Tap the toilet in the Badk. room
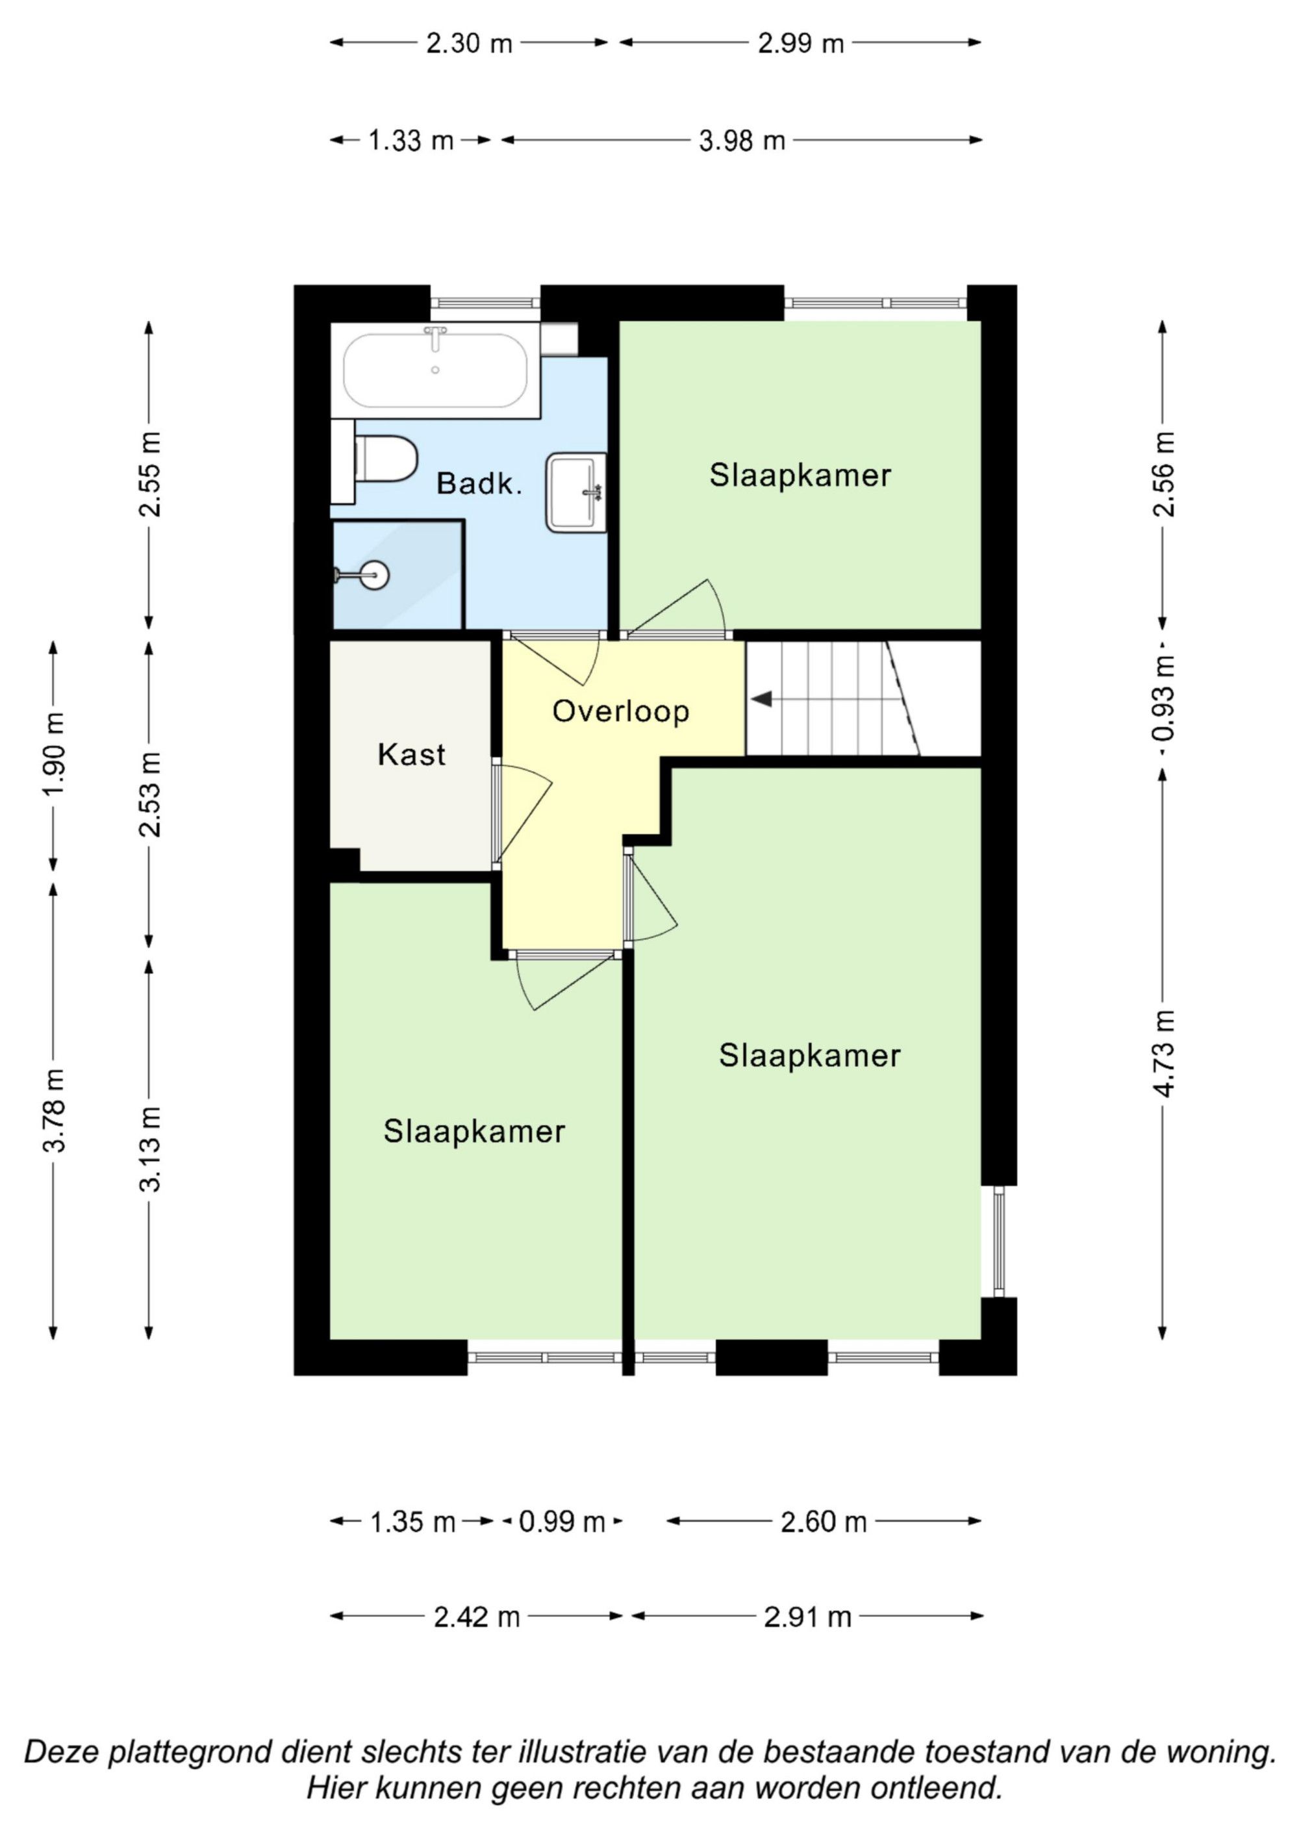point(386,459)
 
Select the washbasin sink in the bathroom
point(576,493)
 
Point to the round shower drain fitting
point(373,574)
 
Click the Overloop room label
point(621,711)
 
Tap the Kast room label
point(411,754)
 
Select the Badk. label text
point(479,483)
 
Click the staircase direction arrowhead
point(761,699)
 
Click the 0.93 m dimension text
point(1163,697)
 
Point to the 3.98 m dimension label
point(742,141)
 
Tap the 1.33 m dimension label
point(410,141)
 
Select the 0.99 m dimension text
point(562,1521)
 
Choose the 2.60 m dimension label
point(824,1521)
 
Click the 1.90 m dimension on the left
point(54,755)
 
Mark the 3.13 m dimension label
point(149,1149)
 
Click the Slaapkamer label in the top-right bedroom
point(800,476)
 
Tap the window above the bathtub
point(485,303)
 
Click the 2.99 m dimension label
point(801,44)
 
